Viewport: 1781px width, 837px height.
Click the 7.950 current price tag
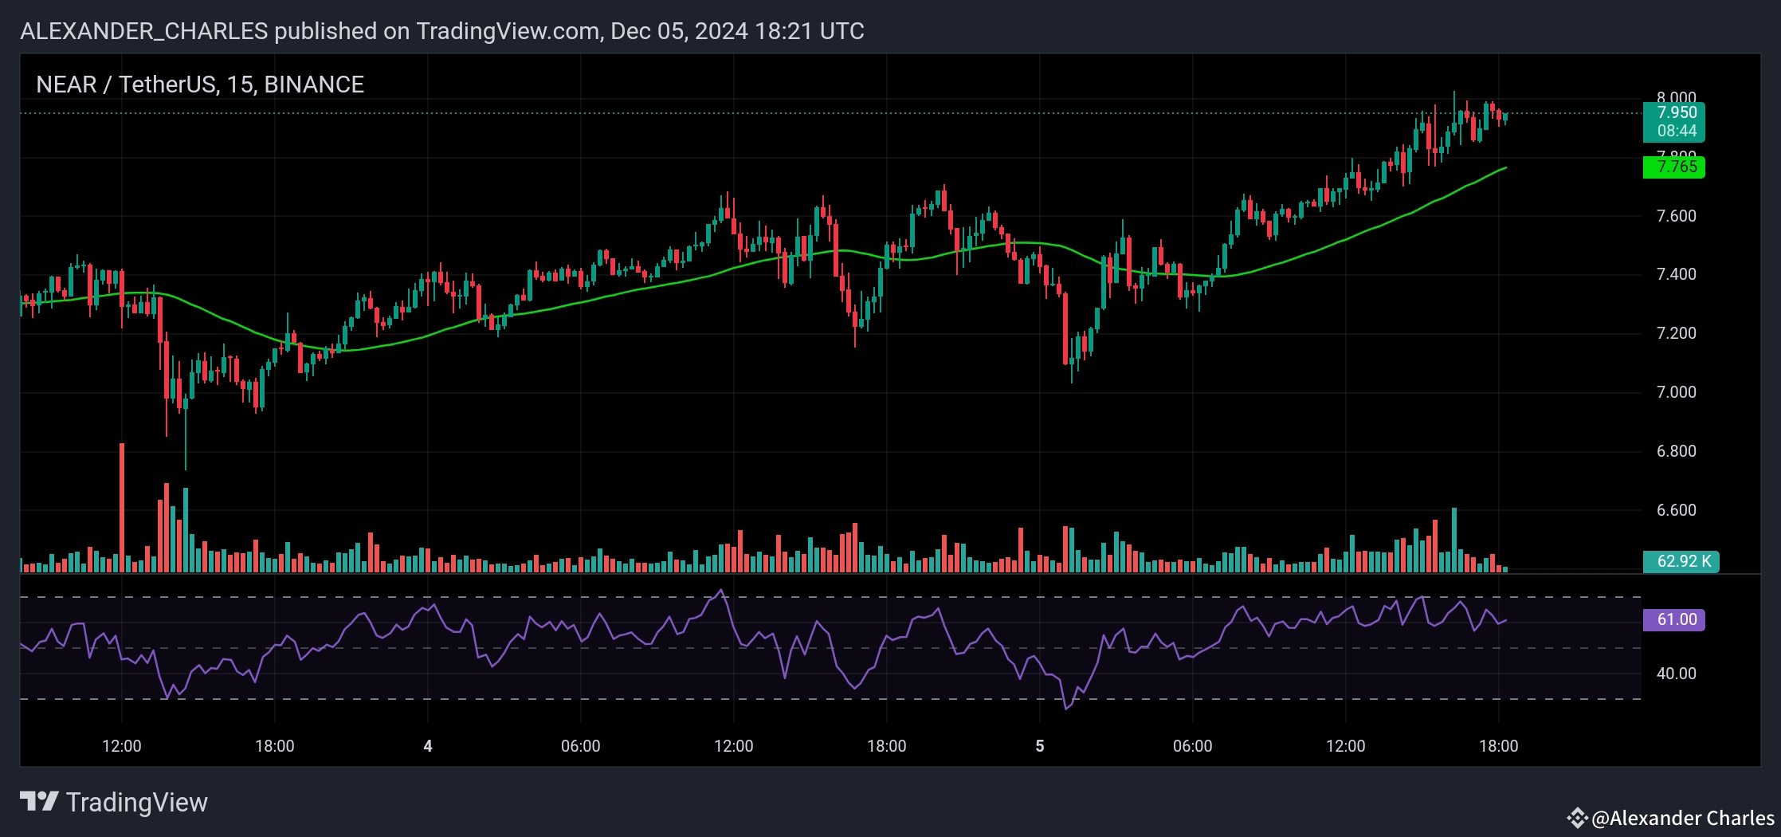coord(1676,112)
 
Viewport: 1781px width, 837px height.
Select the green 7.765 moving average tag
coord(1676,167)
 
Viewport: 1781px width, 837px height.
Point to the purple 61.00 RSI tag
coord(1676,620)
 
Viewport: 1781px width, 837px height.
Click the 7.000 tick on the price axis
coord(1676,392)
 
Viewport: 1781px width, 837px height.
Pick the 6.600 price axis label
coord(1676,510)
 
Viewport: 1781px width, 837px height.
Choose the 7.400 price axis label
coord(1676,274)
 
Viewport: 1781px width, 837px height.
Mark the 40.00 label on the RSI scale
coord(1676,674)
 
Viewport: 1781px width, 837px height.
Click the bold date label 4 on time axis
coord(428,747)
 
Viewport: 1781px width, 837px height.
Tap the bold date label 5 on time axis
coord(1039,747)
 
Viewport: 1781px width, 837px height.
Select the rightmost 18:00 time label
coord(1498,747)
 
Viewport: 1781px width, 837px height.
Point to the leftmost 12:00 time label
coord(122,747)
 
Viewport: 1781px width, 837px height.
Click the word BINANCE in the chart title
coord(314,84)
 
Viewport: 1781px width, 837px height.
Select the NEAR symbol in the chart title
coord(65,84)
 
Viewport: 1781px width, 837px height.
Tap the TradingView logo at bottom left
coord(114,802)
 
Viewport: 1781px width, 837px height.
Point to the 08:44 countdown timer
coord(1676,131)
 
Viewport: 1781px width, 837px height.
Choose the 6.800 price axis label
coord(1676,451)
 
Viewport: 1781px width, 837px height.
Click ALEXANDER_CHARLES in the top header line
coord(143,31)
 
